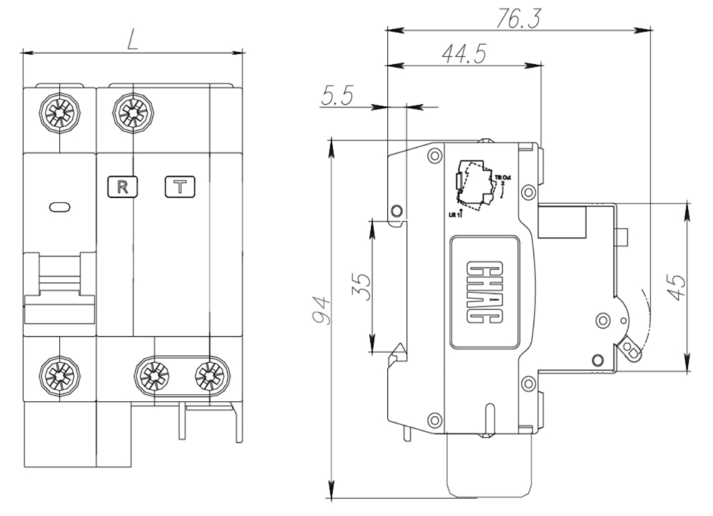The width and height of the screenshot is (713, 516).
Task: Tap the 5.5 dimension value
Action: pyautogui.click(x=337, y=96)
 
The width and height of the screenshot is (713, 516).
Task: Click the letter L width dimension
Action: pyautogui.click(x=133, y=41)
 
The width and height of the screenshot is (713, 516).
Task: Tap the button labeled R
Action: pyautogui.click(x=122, y=187)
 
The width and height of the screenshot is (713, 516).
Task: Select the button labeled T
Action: pyautogui.click(x=181, y=187)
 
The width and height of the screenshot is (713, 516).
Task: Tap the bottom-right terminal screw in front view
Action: pyautogui.click(x=209, y=373)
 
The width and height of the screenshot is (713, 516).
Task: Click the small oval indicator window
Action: pyautogui.click(x=59, y=207)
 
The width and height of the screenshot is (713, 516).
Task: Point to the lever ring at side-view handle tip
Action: pyautogui.click(x=630, y=349)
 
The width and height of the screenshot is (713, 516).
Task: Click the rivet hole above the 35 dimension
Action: pyautogui.click(x=396, y=210)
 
